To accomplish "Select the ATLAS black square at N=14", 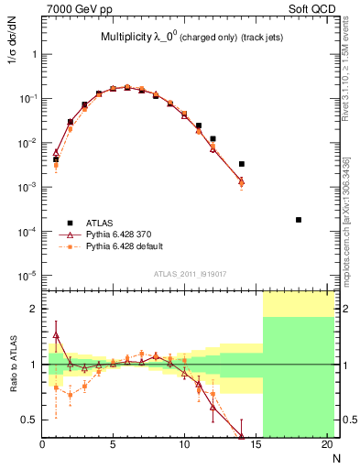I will coord(242,164).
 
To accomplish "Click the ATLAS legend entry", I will coord(98,222).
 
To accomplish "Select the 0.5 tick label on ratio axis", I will coord(28,420).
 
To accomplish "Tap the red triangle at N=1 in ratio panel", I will coord(56,335).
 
